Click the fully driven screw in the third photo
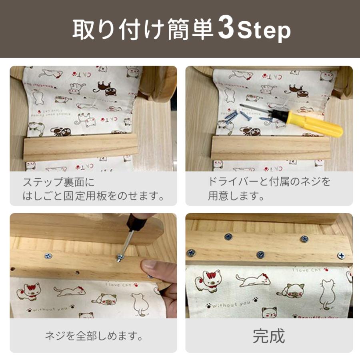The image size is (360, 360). point(48,255)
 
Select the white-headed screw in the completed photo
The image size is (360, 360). point(341,255)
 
